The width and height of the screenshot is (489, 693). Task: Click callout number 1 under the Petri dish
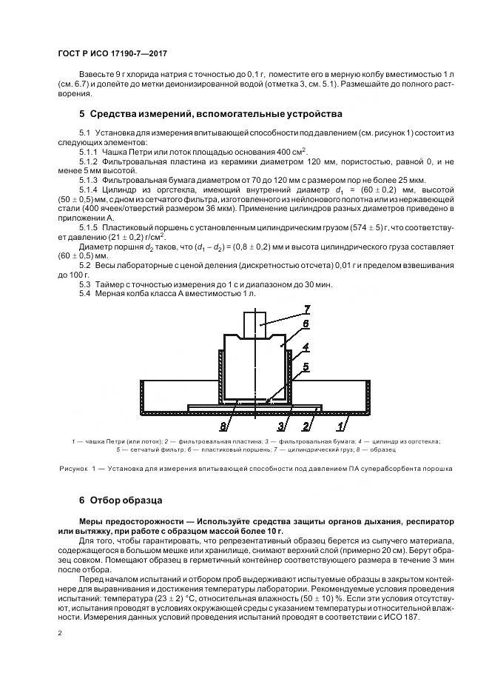(340, 426)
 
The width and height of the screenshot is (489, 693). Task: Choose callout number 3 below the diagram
(282, 426)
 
